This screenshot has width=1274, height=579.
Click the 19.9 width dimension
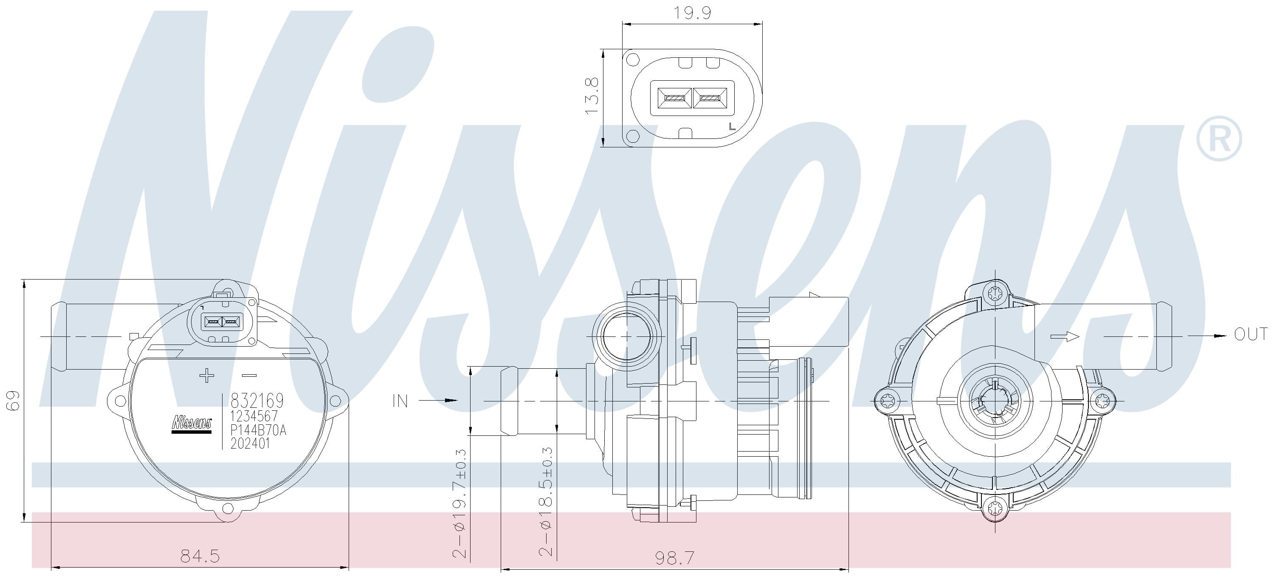point(692,13)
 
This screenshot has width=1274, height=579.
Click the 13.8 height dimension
point(592,96)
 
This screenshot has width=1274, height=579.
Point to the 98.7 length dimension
point(675,558)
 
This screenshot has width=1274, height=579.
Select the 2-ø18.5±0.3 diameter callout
point(546,502)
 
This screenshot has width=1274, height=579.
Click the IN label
point(400,401)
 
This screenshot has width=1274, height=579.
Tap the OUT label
point(1251,335)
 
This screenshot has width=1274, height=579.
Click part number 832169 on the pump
point(257,400)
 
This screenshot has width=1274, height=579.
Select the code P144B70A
point(258,429)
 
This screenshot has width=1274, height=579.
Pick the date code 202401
point(250,443)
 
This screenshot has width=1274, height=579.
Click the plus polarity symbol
point(207,376)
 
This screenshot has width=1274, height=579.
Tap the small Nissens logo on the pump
point(192,424)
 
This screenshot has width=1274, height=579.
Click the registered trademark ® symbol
point(1219,139)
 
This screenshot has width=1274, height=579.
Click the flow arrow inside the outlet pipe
point(1064,336)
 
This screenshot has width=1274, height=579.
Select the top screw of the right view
point(995,294)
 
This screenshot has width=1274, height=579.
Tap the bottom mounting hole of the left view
point(228,508)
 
